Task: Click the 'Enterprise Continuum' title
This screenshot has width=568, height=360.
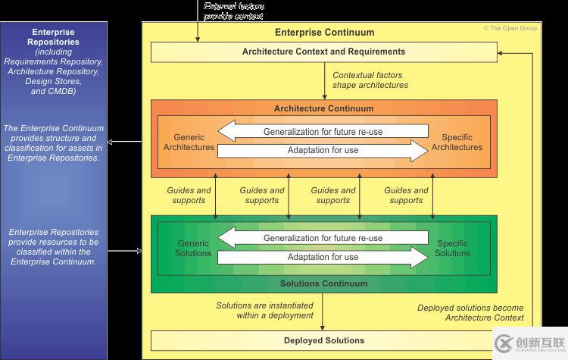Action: point(324,33)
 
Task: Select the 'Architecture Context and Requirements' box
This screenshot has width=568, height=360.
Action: point(323,52)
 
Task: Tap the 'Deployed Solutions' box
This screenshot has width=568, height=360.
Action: point(323,340)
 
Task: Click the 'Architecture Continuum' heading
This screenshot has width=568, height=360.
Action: point(323,108)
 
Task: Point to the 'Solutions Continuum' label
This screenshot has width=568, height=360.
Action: point(323,283)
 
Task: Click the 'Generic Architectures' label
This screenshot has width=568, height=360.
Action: point(189,142)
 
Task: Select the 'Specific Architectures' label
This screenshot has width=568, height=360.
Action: point(457,142)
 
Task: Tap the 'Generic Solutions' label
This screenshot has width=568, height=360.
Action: point(193,248)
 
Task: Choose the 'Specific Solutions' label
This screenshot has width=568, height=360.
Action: point(452,248)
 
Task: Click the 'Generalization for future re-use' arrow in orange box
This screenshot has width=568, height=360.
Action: point(323,132)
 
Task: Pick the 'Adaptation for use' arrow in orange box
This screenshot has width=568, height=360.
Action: point(323,150)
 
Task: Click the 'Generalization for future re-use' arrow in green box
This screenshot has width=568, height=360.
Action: point(323,238)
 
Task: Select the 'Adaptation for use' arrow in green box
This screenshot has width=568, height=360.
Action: point(323,257)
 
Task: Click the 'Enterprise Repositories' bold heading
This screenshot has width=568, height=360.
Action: point(52,37)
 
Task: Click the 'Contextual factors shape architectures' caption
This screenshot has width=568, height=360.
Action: point(370,80)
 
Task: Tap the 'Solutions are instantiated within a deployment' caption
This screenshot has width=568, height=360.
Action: point(264,311)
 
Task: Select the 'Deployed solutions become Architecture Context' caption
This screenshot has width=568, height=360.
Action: point(470,313)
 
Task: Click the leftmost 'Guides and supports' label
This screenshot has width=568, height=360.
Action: point(189,196)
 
